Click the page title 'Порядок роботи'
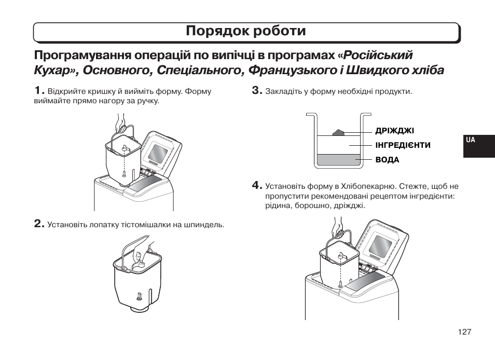pyautogui.click(x=246, y=31)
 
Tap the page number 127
pyautogui.click(x=464, y=332)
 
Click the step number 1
pyautogui.click(x=39, y=91)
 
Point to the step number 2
pyautogui.click(x=39, y=224)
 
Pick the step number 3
pyautogui.click(x=257, y=91)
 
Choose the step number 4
pyautogui.click(x=257, y=185)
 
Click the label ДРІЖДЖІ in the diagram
pyautogui.click(x=394, y=131)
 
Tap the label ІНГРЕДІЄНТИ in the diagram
pyautogui.click(x=403, y=145)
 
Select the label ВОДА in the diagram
pyautogui.click(x=387, y=160)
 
